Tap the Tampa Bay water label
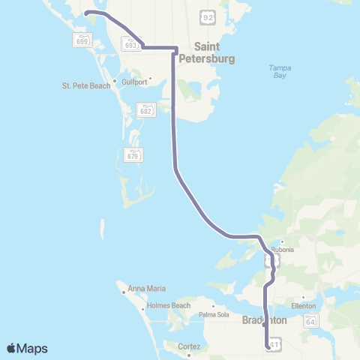point(278,73)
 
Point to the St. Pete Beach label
point(86,85)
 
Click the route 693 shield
point(133,45)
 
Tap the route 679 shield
point(133,154)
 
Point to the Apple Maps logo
point(27,348)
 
